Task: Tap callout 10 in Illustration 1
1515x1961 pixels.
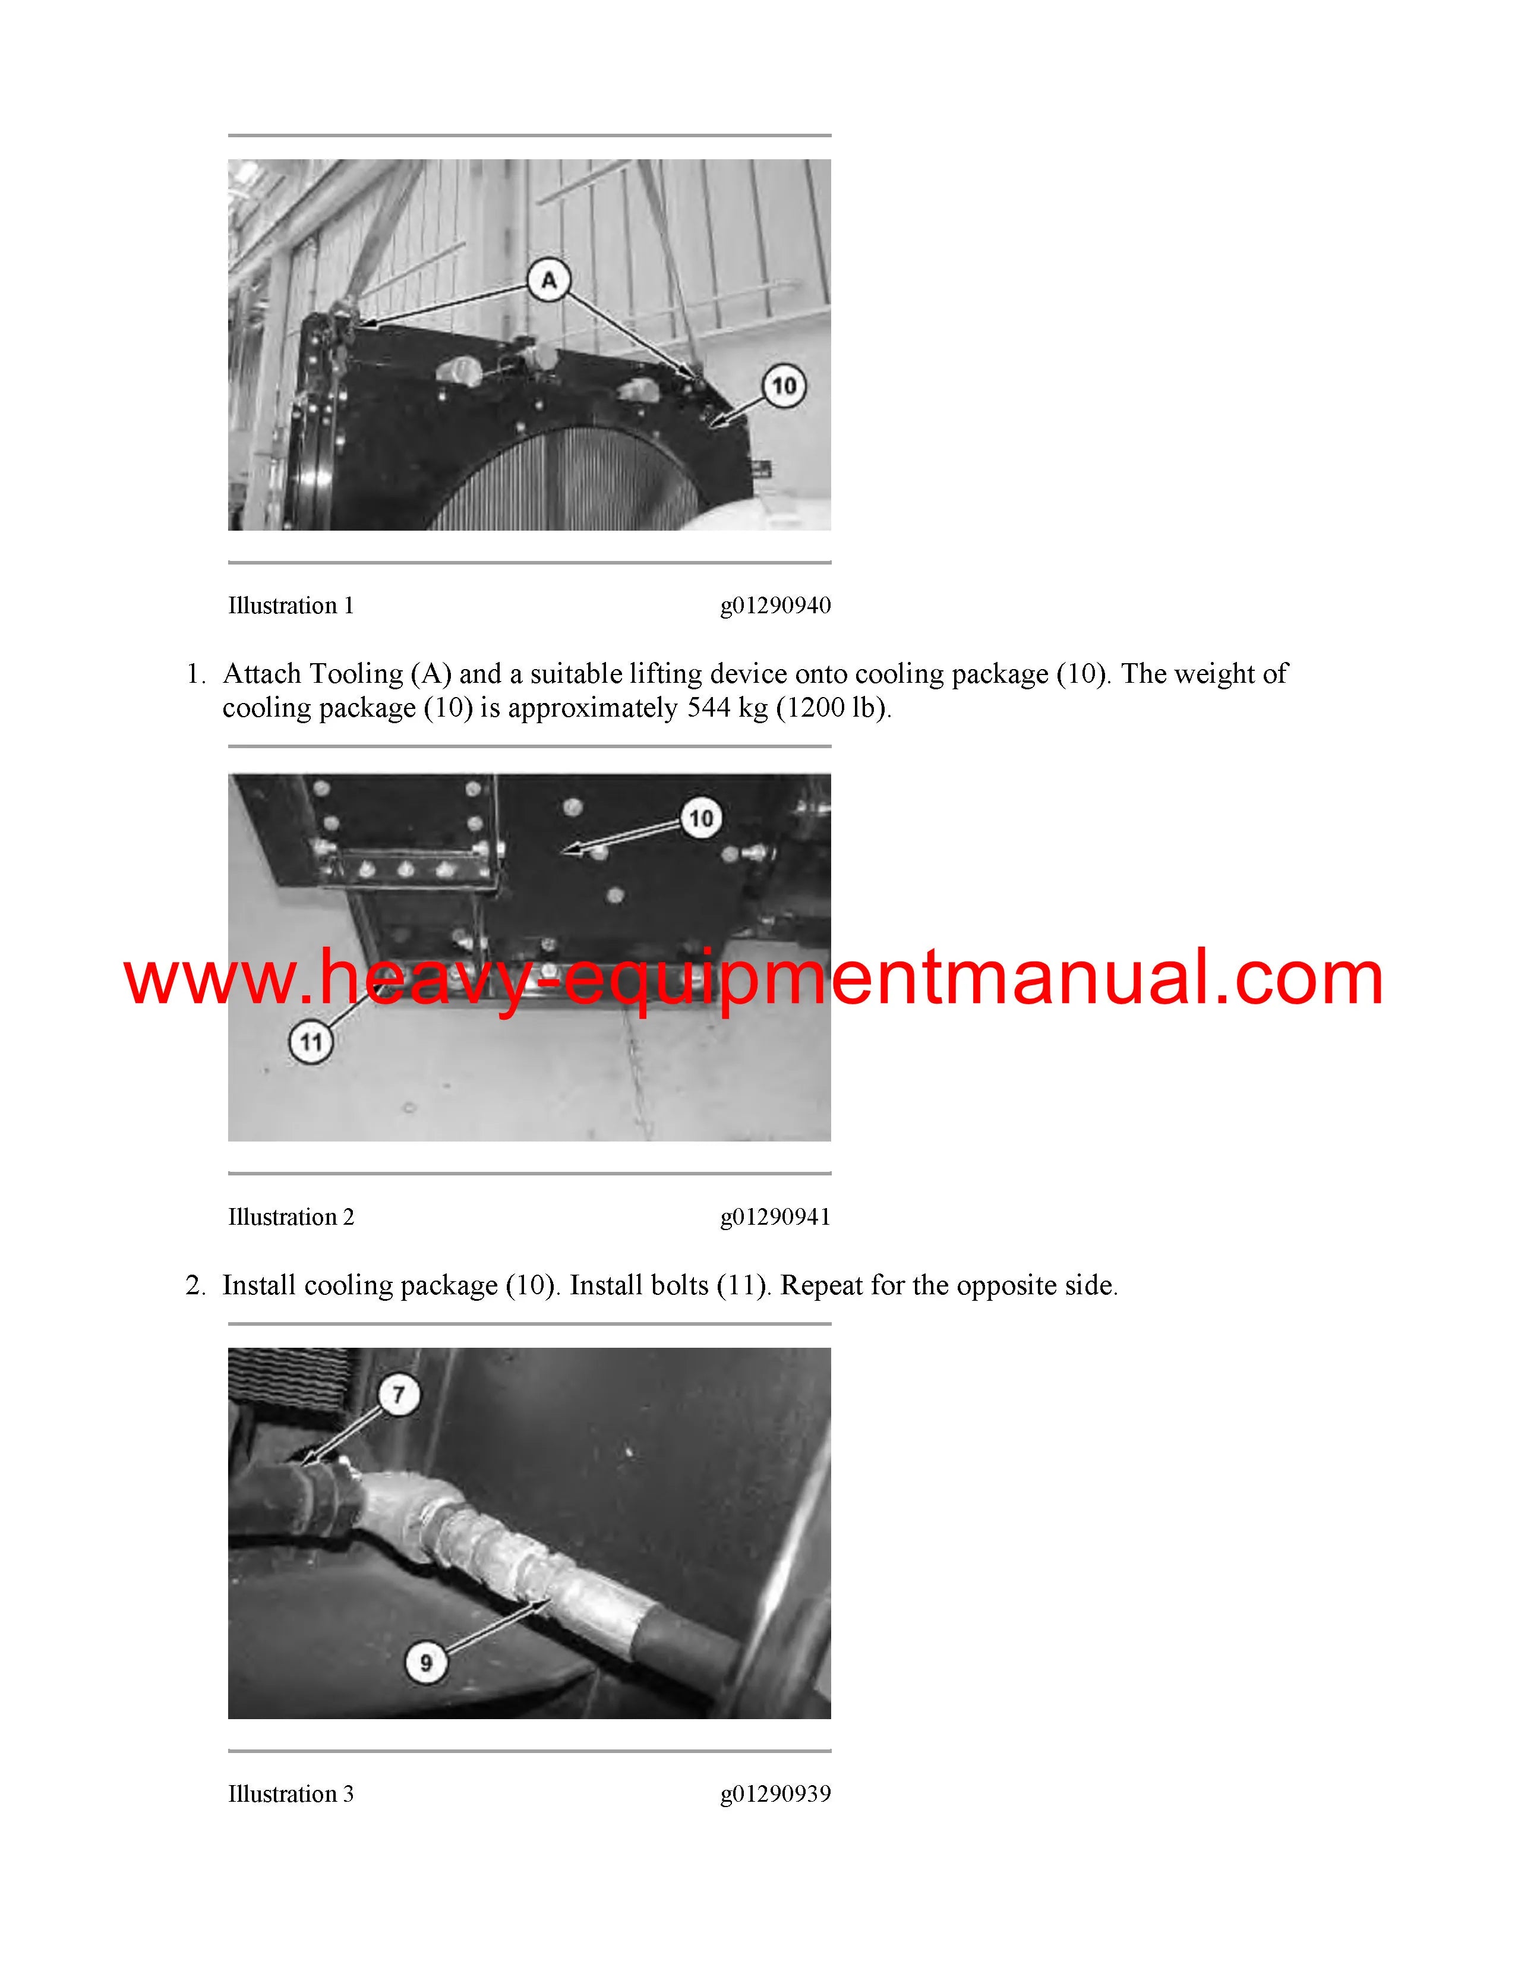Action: (x=784, y=386)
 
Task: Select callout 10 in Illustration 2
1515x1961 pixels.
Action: (x=701, y=818)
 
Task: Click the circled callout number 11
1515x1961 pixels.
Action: (x=311, y=1042)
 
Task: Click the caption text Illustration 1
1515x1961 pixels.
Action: (x=291, y=606)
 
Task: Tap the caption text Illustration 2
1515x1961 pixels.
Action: (x=291, y=1218)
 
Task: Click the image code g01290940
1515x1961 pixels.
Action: (x=775, y=607)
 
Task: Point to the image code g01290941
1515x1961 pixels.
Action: (x=775, y=1218)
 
